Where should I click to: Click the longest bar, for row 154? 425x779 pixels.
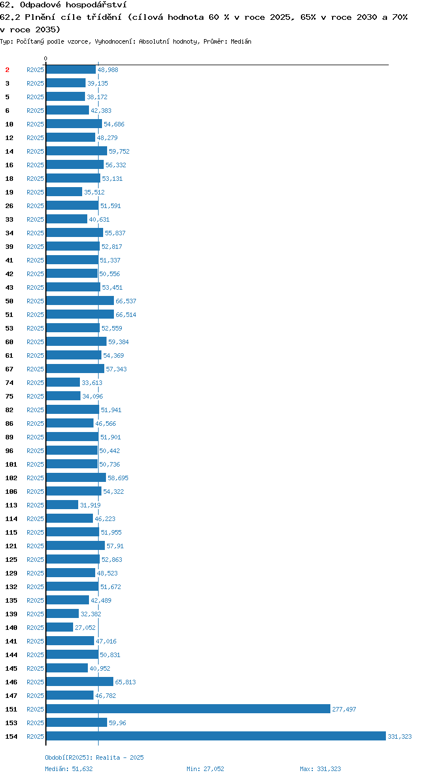216,736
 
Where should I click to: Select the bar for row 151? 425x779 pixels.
188,709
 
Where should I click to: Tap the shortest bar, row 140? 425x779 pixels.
59,627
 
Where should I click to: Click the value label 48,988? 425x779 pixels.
108,70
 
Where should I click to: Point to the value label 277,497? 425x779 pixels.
344,709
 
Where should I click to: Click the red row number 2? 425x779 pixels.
7,70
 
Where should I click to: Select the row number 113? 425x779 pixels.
11,505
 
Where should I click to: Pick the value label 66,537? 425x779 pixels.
126,301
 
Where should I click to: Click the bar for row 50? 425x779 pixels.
80,300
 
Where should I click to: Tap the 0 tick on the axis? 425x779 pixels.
45,58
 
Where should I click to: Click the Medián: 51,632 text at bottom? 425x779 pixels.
69,769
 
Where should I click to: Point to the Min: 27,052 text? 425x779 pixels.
205,769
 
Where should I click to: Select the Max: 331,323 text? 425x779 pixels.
320,769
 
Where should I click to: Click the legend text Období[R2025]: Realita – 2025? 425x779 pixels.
94,757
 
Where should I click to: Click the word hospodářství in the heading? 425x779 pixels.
96,5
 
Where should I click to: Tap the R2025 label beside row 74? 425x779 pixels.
36,383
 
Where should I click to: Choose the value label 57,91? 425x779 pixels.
115,546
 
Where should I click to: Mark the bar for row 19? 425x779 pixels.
64,192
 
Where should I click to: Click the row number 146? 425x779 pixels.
11,682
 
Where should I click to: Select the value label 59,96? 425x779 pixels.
117,723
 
